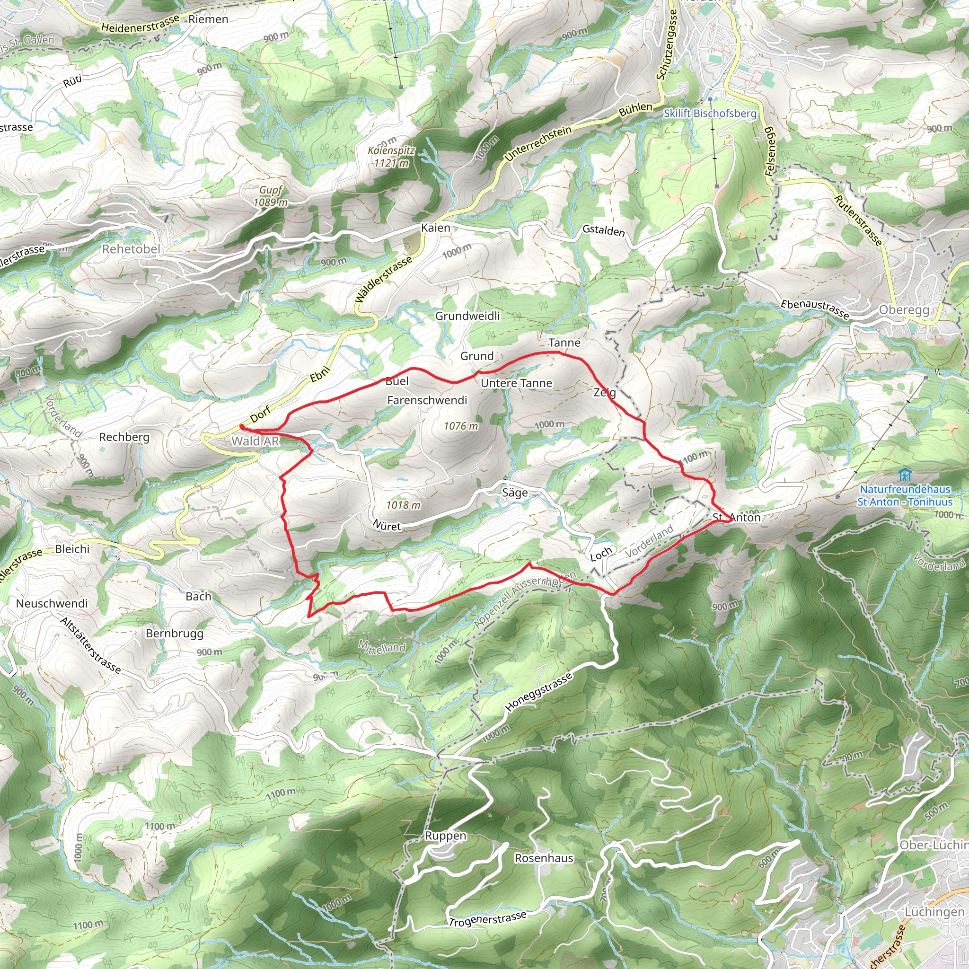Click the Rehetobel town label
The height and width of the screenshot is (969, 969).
tap(131, 249)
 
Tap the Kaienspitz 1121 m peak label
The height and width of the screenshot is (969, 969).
tap(391, 157)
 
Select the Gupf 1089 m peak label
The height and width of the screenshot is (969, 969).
tap(271, 196)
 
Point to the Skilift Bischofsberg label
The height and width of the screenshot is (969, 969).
tap(710, 114)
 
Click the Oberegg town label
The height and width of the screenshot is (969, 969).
tap(904, 310)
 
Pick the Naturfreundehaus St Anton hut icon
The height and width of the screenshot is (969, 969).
tap(904, 474)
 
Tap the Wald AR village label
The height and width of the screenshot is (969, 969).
tap(255, 441)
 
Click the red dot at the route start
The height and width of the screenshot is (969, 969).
tap(242, 427)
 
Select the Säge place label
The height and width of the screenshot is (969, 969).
tap(515, 493)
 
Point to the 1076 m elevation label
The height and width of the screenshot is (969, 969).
tap(461, 426)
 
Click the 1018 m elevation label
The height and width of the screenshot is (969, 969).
tap(403, 505)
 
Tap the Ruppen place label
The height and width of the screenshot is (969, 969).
tap(445, 836)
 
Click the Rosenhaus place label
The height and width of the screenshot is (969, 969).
tap(544, 858)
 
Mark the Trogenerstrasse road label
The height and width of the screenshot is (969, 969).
tap(487, 918)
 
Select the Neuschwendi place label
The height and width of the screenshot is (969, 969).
tap(52, 603)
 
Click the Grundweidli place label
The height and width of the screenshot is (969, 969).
tap(467, 316)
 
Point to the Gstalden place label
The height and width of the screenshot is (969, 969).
tap(603, 231)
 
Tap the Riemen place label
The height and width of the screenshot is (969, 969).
tap(208, 19)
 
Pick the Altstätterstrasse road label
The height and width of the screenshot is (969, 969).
tap(91, 645)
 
